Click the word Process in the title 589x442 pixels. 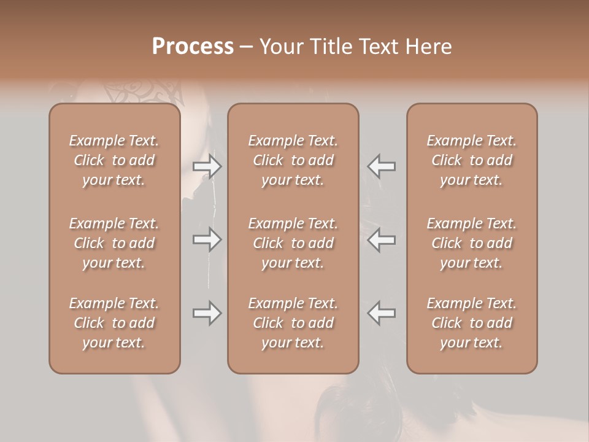tap(193, 47)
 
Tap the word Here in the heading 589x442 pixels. tap(429, 47)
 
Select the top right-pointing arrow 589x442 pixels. tap(207, 166)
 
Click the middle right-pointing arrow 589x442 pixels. tap(207, 239)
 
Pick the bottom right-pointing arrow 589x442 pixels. tap(207, 313)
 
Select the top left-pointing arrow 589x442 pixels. tap(382, 166)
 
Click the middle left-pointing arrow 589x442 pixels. tap(382, 239)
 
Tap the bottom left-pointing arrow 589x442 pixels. tap(382, 313)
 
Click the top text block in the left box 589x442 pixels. tap(114, 160)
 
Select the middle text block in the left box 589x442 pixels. tap(114, 243)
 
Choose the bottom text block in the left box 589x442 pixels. tap(114, 323)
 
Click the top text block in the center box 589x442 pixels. tap(293, 160)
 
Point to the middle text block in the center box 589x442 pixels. tap(293, 243)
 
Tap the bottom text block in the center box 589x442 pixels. tap(293, 323)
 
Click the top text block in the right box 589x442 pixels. tap(472, 160)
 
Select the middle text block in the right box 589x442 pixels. tap(472, 243)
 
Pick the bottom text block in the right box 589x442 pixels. tap(472, 323)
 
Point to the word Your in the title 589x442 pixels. tap(280, 47)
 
